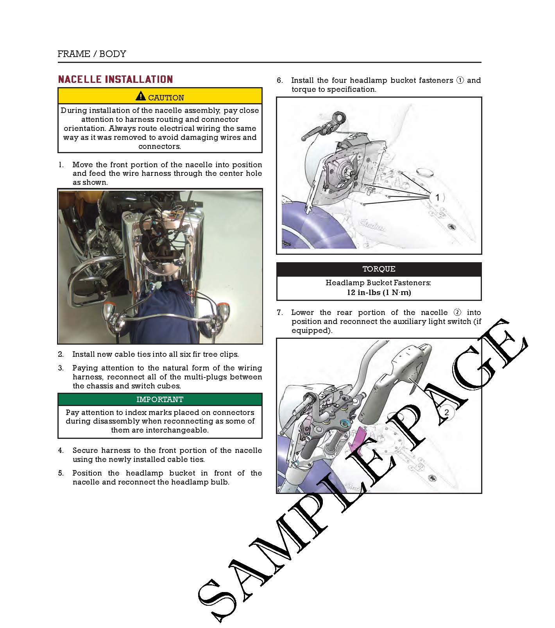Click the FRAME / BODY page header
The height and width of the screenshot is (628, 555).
pyautogui.click(x=92, y=54)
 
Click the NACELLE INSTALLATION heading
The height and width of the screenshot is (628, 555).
pyautogui.click(x=115, y=80)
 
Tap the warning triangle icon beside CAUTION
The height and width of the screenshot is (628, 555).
pyautogui.click(x=141, y=96)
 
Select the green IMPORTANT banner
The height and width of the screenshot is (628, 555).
pyautogui.click(x=160, y=399)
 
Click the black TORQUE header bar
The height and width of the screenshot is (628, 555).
pyautogui.click(x=379, y=269)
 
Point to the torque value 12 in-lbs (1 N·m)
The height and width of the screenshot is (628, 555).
pyautogui.click(x=379, y=292)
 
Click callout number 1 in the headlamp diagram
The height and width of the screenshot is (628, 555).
pyautogui.click(x=437, y=198)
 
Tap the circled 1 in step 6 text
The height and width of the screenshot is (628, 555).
pyautogui.click(x=460, y=81)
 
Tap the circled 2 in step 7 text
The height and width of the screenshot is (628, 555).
pyautogui.click(x=457, y=313)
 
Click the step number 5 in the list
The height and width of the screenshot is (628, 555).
pyautogui.click(x=61, y=473)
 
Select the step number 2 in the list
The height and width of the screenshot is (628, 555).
pyautogui.click(x=61, y=354)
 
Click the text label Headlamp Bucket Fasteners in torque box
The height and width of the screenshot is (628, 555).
pyautogui.click(x=378, y=283)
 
